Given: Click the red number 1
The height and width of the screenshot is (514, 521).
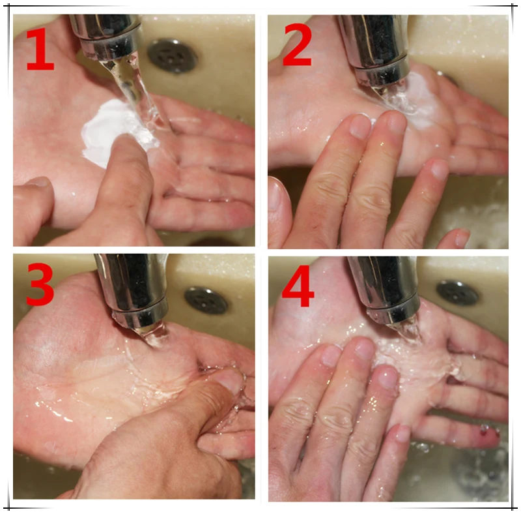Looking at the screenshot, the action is (x=40, y=50).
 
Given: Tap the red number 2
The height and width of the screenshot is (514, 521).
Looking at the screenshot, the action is (x=298, y=45).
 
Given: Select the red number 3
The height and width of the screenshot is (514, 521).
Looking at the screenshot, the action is (x=40, y=284).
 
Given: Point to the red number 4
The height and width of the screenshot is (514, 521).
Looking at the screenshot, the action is (x=298, y=286).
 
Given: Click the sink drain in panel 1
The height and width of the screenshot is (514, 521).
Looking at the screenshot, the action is (x=173, y=56).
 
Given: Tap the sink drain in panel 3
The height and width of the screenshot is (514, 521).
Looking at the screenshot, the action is (x=206, y=301).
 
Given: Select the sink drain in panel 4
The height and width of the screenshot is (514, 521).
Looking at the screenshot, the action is (x=458, y=293).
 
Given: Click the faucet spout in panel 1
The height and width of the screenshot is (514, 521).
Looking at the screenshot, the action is (x=107, y=36).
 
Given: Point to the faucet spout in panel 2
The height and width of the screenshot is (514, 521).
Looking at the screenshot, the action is (x=376, y=47).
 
